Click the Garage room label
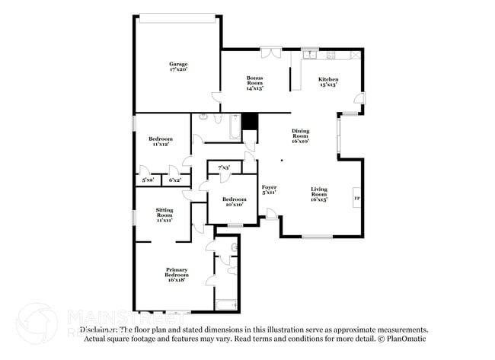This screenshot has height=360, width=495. coord(178,66)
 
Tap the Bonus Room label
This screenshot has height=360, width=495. coord(254,81)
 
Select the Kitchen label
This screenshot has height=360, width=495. coord(328,81)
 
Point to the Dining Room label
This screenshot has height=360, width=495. coord(300,135)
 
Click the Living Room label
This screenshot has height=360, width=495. coord(318,194)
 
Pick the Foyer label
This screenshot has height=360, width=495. coord(269,190)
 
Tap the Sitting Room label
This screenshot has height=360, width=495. coord(164,214)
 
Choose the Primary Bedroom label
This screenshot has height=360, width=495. coord(177,274)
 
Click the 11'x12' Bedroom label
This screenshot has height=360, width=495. coord(161,141)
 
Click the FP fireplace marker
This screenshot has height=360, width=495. coord(356,199)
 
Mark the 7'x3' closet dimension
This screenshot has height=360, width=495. coord(225,167)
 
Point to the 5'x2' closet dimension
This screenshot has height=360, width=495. coord(148,180)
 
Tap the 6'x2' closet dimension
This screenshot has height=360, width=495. coord(174,180)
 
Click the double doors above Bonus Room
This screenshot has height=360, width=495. coord(270,53)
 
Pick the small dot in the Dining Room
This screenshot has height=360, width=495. coord(281,161)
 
